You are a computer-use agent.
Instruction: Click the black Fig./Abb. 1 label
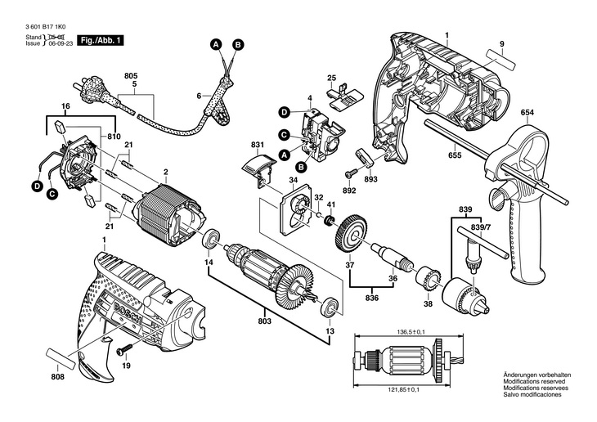click(x=101, y=40)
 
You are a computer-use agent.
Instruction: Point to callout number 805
click(x=131, y=76)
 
